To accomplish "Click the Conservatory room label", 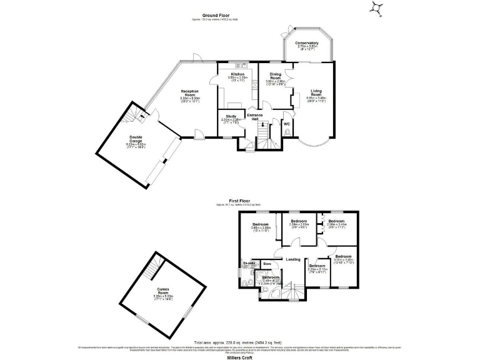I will click(307, 43).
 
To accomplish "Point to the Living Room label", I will click(316, 92).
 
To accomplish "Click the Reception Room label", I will click(190, 92).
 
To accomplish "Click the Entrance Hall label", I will click(254, 117).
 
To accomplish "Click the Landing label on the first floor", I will click(292, 259).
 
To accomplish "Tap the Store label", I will click(267, 263).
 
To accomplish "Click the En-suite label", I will click(248, 264).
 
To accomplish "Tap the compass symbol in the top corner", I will click(376, 7).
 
